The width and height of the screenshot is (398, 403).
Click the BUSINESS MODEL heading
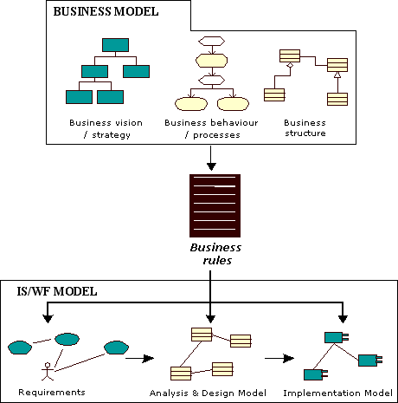(106, 11)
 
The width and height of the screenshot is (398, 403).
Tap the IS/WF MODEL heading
(57, 291)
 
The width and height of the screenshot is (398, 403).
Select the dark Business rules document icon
(215, 205)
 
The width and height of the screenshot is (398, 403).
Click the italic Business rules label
(215, 254)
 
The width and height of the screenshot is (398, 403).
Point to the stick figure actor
(48, 371)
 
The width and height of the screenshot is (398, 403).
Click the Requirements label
(52, 393)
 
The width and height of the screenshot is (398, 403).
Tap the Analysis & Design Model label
(208, 393)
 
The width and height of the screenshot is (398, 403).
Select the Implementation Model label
(337, 393)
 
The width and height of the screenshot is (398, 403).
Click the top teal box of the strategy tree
(115, 45)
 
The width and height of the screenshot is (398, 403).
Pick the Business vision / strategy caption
(106, 129)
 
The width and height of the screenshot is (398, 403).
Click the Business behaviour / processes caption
(211, 129)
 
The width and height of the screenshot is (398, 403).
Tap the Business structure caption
(305, 128)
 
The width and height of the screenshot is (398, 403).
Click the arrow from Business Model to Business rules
(211, 158)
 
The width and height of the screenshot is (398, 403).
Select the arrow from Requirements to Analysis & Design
(139, 359)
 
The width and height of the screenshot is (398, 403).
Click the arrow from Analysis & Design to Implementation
(279, 359)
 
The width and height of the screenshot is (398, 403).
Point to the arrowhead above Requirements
(48, 319)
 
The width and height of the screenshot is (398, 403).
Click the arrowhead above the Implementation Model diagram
(343, 319)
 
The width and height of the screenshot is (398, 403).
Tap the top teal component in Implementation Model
(337, 337)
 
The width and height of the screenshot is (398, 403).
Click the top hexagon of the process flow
(212, 41)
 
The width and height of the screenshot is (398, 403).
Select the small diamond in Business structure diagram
(290, 66)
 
